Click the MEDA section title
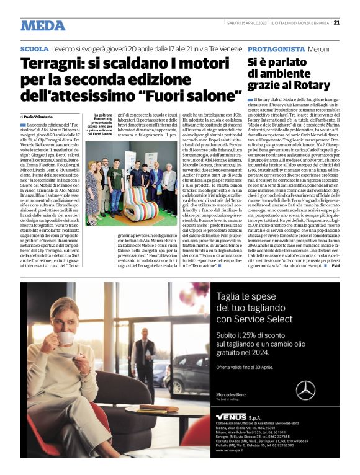(43, 25)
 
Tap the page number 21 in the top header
(336, 24)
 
